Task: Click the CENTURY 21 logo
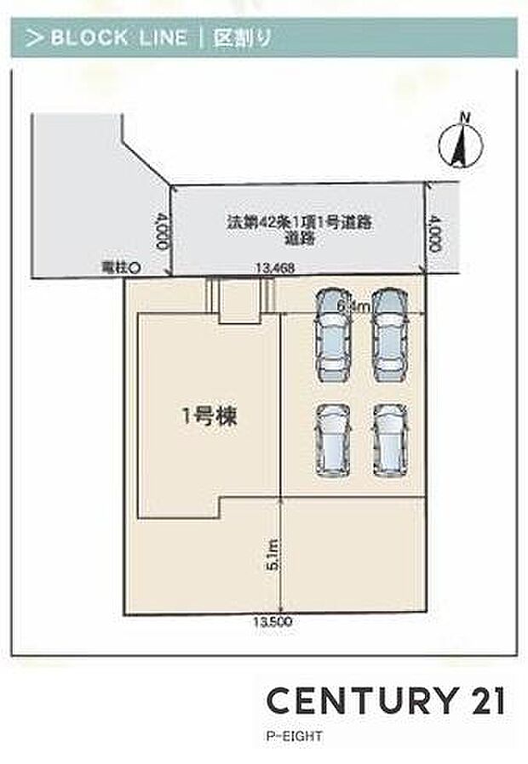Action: (x=386, y=700)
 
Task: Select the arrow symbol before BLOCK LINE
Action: (x=33, y=37)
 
